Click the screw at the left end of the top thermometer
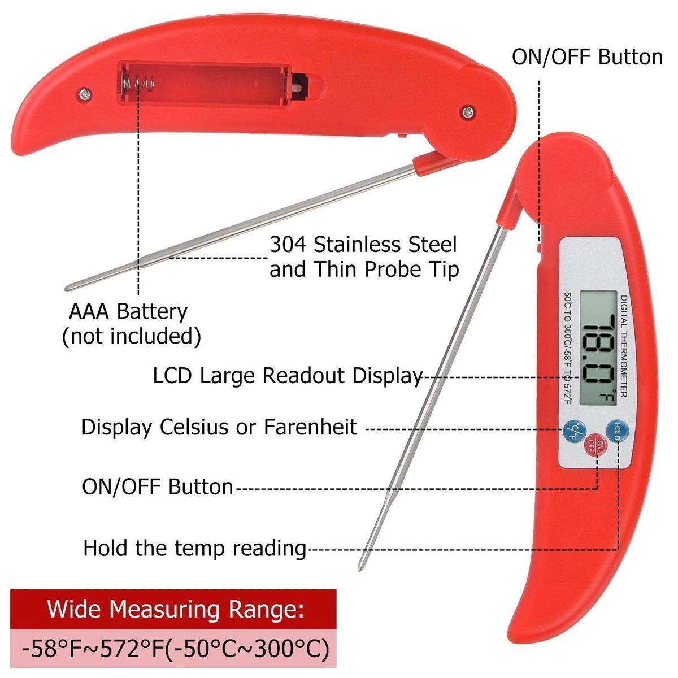click(x=85, y=93)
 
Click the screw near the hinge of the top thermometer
click(x=468, y=112)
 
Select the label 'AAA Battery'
click(x=128, y=311)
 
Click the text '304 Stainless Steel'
click(x=363, y=245)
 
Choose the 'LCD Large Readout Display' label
click(x=288, y=376)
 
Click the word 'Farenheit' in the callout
click(x=310, y=427)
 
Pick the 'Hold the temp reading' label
click(x=195, y=548)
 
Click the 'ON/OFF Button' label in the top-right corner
click(x=587, y=57)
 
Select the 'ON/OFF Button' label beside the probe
click(x=158, y=487)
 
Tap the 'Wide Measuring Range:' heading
click(x=175, y=610)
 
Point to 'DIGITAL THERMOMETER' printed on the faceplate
click(x=623, y=346)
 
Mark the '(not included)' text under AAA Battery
click(x=131, y=336)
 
